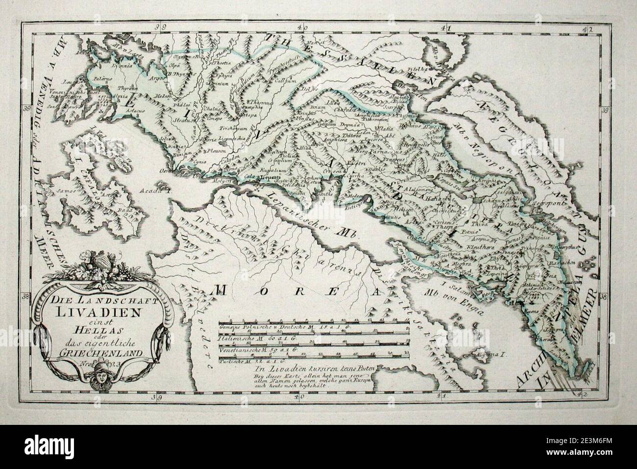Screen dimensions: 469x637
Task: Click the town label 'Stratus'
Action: tap(180, 119)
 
